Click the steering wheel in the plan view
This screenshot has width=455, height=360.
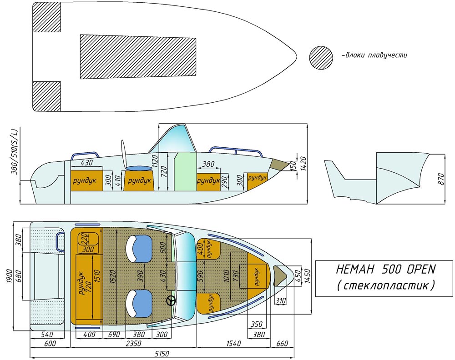point(171,301)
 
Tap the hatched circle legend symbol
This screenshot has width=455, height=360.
point(321,58)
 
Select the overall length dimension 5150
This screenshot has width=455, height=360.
point(162,354)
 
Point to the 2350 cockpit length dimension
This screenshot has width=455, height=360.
point(133,344)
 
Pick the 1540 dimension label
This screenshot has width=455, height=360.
point(233,344)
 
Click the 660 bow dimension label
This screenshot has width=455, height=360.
point(282,344)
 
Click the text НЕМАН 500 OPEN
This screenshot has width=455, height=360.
point(386,269)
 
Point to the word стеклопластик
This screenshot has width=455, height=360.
point(386,285)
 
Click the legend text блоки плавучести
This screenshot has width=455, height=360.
point(375,55)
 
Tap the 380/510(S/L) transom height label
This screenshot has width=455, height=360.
point(15,151)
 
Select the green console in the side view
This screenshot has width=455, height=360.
point(186,172)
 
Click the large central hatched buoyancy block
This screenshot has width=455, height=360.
point(138,57)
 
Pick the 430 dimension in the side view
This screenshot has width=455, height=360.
point(86,163)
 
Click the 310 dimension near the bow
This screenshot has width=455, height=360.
point(280,301)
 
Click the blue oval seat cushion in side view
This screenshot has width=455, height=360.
point(139,168)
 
